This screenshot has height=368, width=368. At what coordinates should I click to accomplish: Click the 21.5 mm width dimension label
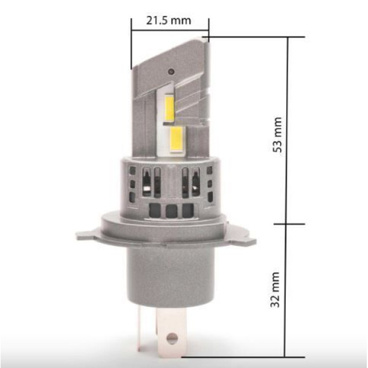[169, 21]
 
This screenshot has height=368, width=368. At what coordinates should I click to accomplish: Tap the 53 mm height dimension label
[277, 135]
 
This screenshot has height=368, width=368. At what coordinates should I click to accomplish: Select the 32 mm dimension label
[275, 289]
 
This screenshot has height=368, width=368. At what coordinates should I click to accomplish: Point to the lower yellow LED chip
[177, 140]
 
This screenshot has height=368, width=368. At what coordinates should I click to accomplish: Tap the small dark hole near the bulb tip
[172, 71]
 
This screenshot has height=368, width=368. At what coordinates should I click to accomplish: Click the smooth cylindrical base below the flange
[171, 277]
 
